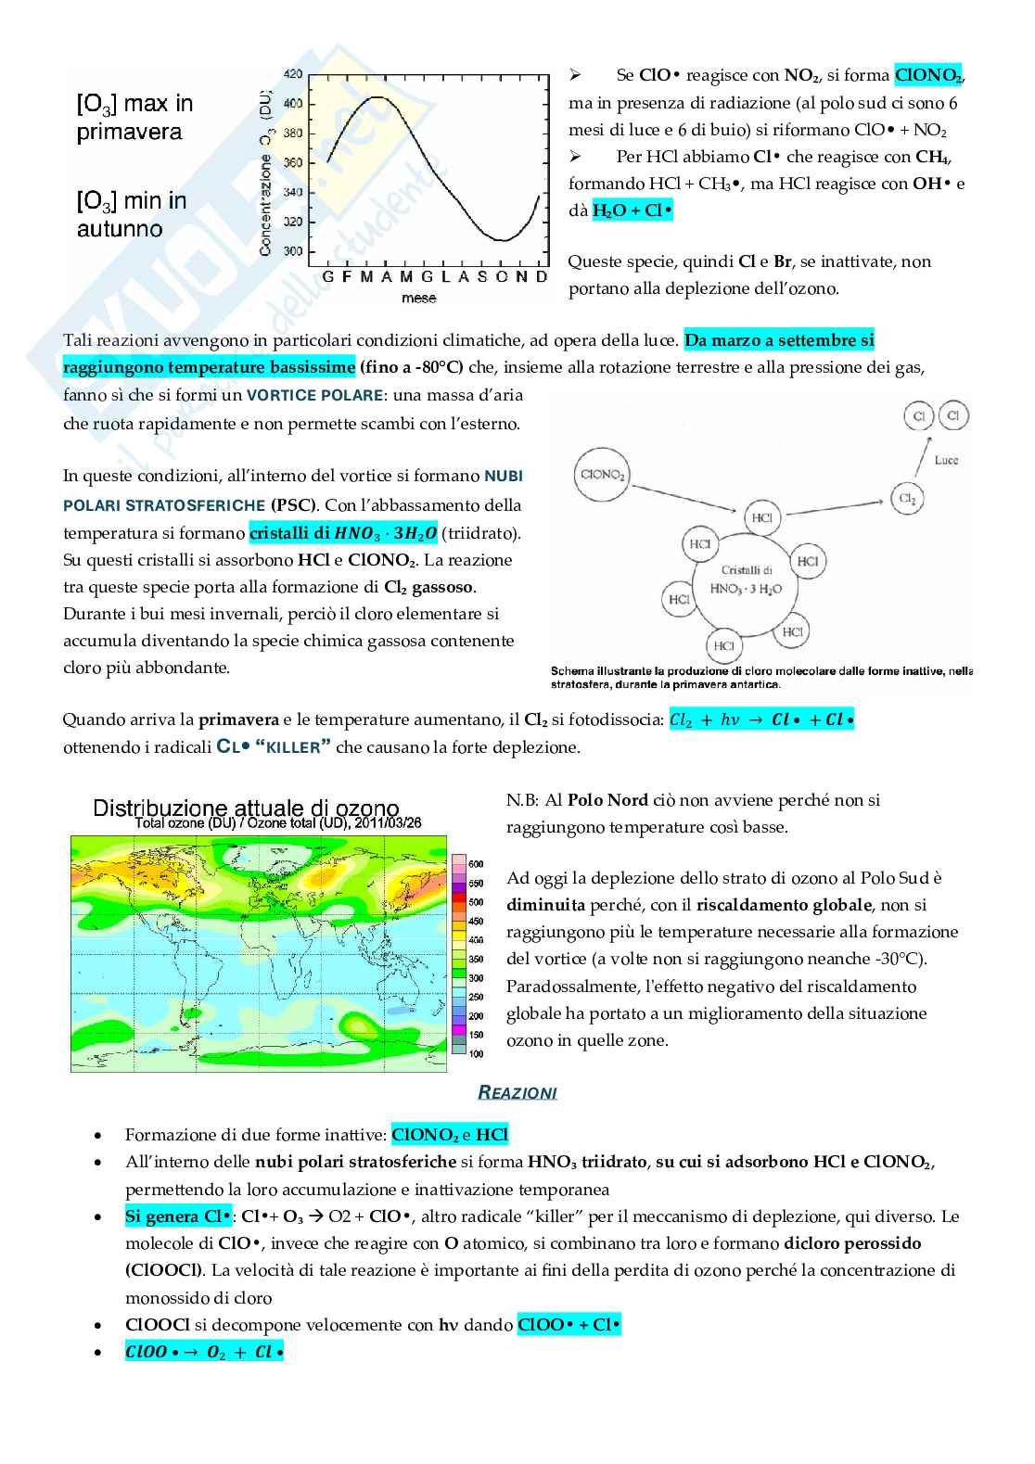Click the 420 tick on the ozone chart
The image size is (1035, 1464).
(x=292, y=74)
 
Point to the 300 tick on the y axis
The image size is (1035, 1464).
(x=292, y=251)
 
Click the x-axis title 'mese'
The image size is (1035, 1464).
(x=418, y=298)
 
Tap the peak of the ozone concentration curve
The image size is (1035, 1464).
(x=376, y=96)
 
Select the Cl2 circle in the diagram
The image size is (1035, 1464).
(x=907, y=498)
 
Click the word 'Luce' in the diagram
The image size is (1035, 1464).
(x=946, y=460)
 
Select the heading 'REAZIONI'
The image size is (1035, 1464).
(x=517, y=1092)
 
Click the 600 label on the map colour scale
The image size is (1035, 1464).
(x=475, y=864)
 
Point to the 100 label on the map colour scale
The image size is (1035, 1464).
(x=475, y=1054)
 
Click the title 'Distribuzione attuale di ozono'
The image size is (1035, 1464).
(x=246, y=808)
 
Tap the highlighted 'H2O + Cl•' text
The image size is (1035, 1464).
(x=632, y=210)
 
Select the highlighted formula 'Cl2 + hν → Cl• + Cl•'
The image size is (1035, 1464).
(x=760, y=719)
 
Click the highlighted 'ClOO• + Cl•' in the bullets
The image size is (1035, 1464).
(x=569, y=1325)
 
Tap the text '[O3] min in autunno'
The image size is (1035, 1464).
(x=132, y=214)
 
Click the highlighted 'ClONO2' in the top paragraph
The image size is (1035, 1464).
(x=928, y=75)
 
